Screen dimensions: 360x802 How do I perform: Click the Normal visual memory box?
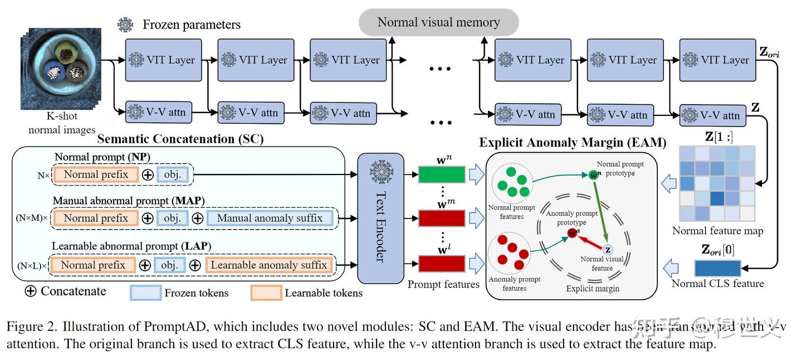point(438,23)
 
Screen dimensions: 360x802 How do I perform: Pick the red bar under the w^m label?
point(441,218)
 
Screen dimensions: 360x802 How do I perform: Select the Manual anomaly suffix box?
point(270,218)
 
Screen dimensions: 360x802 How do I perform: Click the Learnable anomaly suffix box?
point(268,265)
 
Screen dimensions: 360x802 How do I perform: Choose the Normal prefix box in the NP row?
point(96,174)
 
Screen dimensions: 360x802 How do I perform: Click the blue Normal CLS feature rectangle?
point(717,268)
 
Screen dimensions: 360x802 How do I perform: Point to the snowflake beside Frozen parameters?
point(125,25)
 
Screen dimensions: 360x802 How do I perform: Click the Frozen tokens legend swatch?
point(145,293)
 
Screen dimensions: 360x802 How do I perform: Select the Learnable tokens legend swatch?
point(266,293)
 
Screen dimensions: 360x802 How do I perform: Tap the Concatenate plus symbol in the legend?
point(31,291)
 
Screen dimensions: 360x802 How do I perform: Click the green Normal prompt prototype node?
point(594,175)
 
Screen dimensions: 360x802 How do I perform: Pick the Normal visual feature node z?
point(608,250)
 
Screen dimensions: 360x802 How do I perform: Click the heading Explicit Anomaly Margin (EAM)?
point(573,143)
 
